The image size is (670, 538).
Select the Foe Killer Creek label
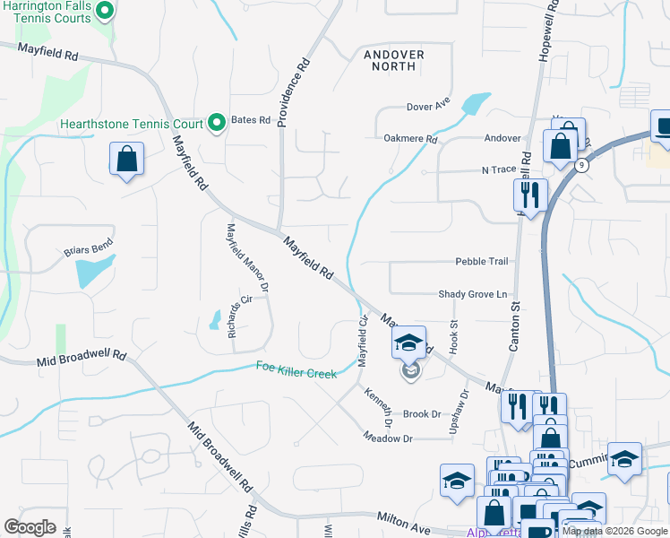point(296,369)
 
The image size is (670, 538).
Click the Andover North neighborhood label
point(393,60)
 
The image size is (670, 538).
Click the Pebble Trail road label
point(481,262)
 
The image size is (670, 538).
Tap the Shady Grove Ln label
point(472,294)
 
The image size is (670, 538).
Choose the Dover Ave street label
point(427,107)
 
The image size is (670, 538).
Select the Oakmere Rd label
point(409,139)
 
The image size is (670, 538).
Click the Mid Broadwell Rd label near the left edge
point(81,359)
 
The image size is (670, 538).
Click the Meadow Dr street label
point(387,438)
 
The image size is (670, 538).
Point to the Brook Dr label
point(422,414)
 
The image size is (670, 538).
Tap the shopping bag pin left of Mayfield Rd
point(126,161)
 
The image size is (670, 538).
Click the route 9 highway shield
point(582,165)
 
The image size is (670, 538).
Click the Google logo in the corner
point(30,527)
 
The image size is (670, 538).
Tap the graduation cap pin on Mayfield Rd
point(408,342)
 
